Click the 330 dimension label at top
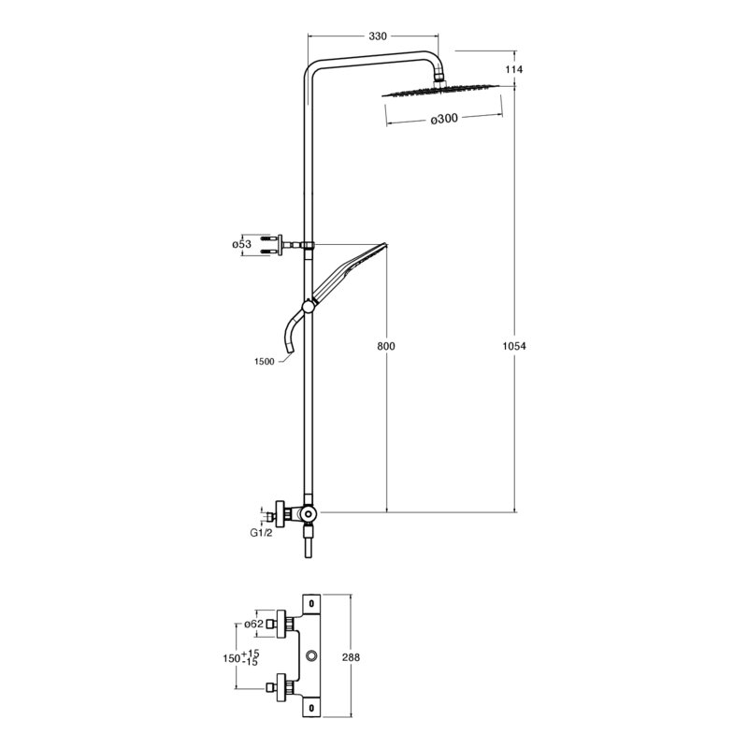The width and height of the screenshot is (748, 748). [378, 36]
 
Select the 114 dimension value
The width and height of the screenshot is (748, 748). [513, 69]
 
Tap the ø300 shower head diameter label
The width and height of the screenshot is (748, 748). [444, 119]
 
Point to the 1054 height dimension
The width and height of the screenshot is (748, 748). [514, 346]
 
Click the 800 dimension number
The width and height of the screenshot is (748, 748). [386, 346]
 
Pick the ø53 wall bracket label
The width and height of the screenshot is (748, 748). [241, 244]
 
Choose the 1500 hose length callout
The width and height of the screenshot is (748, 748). [265, 362]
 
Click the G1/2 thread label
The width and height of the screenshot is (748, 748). [262, 533]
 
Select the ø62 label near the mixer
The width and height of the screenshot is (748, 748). [253, 624]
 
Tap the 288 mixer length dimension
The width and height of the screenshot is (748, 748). [352, 657]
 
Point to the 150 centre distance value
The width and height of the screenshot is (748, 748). [231, 658]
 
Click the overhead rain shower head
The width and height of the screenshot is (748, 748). [440, 91]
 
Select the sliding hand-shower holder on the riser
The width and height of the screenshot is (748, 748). [309, 306]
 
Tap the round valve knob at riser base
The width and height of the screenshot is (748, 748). [309, 513]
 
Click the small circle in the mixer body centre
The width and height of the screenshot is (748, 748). [312, 655]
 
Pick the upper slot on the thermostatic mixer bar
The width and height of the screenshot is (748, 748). [312, 603]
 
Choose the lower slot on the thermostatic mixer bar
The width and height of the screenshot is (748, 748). [312, 707]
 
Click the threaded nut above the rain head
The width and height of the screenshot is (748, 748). [439, 78]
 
